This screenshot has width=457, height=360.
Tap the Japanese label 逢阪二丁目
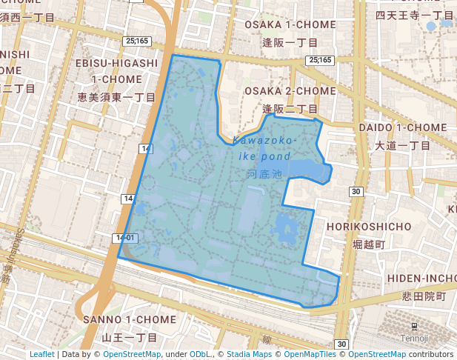(x=290, y=109)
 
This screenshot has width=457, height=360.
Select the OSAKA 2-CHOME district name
(x=290, y=91)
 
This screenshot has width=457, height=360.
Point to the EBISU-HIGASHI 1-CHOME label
(x=116, y=71)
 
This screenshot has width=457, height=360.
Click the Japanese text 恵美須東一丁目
(x=116, y=97)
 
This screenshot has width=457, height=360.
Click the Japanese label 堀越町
(x=369, y=244)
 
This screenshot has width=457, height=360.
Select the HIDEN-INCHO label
(x=421, y=278)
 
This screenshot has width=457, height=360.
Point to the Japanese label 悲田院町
(x=419, y=296)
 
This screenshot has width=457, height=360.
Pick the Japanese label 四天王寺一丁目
(x=413, y=15)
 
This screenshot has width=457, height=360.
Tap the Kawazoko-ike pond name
(x=265, y=147)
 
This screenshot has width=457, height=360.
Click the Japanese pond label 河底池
(x=264, y=175)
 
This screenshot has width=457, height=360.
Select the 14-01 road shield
(x=126, y=238)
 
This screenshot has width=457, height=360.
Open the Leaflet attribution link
(x=42, y=354)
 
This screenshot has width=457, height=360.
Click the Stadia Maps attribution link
(x=247, y=354)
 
